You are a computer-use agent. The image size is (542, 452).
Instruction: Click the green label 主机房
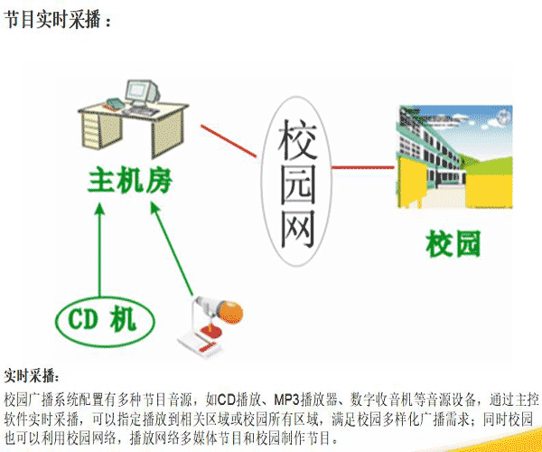130,182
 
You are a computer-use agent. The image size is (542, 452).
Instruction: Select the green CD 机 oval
105,322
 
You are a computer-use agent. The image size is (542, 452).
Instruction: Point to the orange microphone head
230,312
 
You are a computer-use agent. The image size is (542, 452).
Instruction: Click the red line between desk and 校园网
229,141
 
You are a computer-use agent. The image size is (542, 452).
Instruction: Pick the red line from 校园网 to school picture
362,168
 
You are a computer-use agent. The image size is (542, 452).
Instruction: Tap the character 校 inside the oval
297,139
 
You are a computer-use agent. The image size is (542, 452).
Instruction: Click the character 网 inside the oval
297,228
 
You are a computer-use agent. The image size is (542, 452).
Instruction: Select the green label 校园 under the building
453,244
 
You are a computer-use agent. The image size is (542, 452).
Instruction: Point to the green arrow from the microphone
172,249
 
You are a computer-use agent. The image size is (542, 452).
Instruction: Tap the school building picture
453,156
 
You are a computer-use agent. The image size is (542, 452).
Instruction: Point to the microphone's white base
199,343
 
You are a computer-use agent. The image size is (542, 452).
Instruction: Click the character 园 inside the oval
297,184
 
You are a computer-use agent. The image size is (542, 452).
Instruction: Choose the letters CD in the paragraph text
226,400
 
